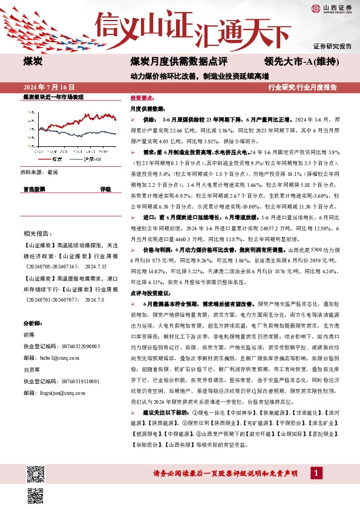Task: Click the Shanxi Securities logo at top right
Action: [x=333, y=8]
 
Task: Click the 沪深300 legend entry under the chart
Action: [x=91, y=160]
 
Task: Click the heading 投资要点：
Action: [x=142, y=97]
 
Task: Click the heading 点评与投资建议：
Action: [x=151, y=292]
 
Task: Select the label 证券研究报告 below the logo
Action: [x=333, y=46]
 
